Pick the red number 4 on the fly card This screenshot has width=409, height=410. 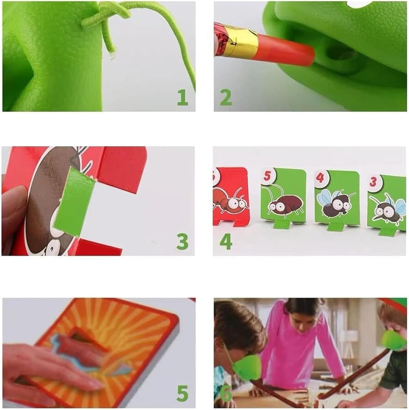(320, 178)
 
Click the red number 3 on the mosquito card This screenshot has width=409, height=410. (373, 181)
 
